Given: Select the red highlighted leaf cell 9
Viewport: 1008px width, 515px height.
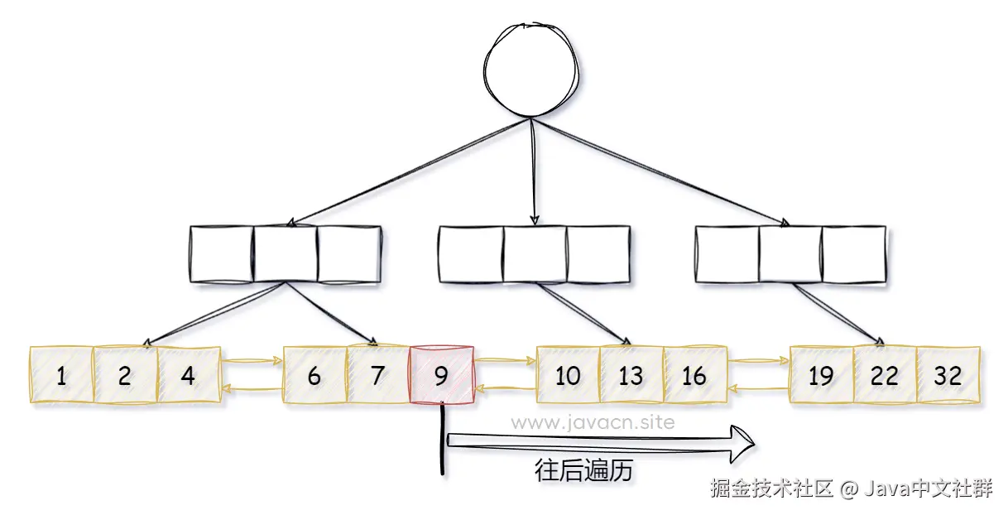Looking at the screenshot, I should pos(441,376).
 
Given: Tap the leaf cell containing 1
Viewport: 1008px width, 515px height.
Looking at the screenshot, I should pos(61,376).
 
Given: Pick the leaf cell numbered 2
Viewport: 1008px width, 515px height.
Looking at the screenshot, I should pos(124,376).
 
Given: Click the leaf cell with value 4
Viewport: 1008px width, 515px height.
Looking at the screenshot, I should pos(188,376).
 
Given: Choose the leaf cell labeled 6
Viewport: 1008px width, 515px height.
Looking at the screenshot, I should pos(314,376).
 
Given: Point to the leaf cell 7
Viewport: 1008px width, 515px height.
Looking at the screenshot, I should pos(378,376).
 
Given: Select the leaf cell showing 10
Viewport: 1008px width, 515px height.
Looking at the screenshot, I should pos(568,376).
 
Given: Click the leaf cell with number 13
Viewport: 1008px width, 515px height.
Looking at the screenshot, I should pos(631,376).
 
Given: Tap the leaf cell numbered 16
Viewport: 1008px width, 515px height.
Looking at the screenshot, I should pos(694,376).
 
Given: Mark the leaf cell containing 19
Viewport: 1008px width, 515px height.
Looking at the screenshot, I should pos(821,376).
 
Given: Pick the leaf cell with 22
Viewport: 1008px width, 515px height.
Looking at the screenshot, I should pos(885,376).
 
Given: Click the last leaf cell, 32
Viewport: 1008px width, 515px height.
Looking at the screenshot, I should pos(948,376).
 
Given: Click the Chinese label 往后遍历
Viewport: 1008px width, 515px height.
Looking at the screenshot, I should pos(583,471).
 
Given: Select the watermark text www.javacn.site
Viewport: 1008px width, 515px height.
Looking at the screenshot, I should pos(593,422).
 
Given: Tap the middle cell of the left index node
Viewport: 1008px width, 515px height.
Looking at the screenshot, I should pos(286,253).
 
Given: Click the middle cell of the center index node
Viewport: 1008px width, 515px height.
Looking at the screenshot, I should pos(535,253).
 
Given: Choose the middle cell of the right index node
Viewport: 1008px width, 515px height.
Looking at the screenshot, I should pos(790,253).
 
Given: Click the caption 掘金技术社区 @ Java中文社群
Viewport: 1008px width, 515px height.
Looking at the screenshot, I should pos(850,489).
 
